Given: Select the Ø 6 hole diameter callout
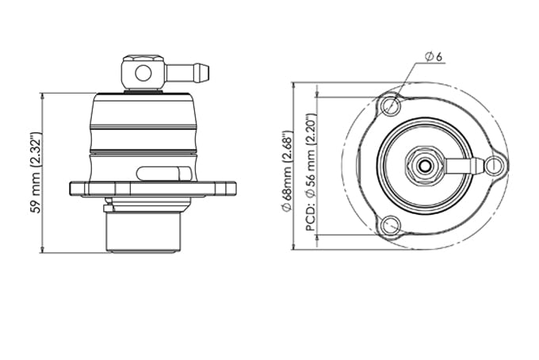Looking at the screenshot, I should (x=433, y=56).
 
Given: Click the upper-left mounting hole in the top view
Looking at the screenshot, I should (x=389, y=105).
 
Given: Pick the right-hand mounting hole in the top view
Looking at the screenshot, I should (x=495, y=166).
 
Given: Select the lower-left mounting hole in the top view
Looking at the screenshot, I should (x=388, y=226).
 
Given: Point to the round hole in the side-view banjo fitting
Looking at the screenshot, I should (x=143, y=74).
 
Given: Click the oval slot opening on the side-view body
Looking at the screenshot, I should (x=162, y=173).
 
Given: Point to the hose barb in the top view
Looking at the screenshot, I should (x=466, y=166).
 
